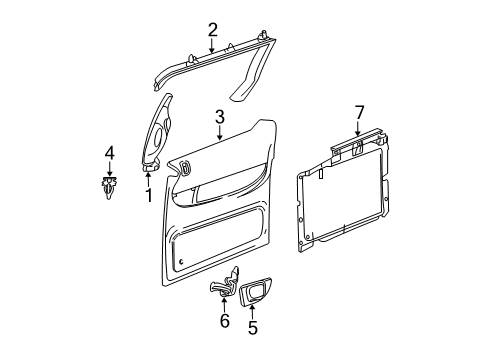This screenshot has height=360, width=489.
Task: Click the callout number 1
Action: (x=148, y=195)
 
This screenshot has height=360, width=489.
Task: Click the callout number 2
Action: (x=212, y=29)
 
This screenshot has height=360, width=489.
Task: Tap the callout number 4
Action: (x=110, y=153)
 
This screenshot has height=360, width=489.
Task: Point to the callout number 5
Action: (x=252, y=326)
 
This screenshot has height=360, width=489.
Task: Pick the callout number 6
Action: (x=225, y=320)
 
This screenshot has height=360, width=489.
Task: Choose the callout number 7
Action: (x=360, y=112)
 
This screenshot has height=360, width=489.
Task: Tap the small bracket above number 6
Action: (x=224, y=285)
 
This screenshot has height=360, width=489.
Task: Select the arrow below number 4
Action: (x=110, y=167)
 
